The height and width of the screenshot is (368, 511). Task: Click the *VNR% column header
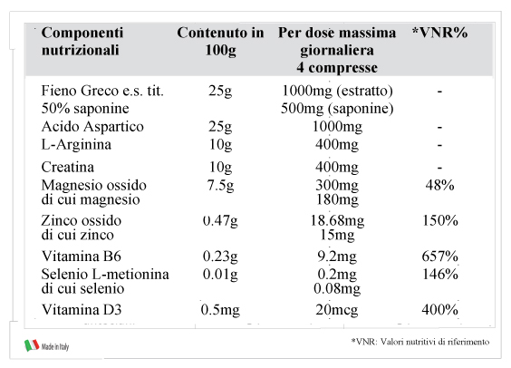point(439,33)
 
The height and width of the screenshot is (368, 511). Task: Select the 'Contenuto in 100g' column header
point(221,42)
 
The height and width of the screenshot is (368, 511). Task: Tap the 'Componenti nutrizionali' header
point(82,42)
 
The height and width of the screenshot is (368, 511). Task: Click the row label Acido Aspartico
point(92,127)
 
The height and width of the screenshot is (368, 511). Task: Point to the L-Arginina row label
point(76,144)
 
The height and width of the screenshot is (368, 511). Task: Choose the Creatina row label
point(68,167)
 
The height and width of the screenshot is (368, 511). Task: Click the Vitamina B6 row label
point(82,257)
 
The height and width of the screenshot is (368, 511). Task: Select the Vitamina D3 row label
point(82,310)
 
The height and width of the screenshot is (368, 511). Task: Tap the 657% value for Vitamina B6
point(440,257)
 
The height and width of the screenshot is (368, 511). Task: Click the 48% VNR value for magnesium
point(440,185)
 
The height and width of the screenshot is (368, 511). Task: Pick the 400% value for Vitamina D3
point(440,310)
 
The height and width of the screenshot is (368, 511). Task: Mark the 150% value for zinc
point(440,220)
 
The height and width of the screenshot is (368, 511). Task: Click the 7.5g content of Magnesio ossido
point(221,186)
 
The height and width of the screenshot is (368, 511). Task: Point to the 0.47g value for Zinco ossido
point(220,221)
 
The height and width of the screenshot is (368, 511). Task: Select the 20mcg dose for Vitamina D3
point(337,310)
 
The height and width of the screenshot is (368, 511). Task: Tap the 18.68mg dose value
point(337,221)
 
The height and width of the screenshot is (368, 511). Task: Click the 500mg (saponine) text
point(337,109)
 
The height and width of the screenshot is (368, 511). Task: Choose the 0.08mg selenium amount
point(337,289)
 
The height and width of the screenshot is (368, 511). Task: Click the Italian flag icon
point(32,345)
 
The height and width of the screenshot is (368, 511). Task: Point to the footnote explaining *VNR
point(420,342)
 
